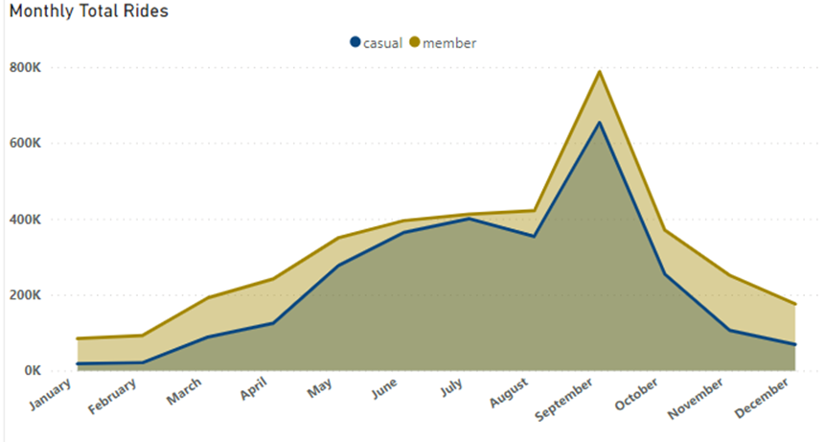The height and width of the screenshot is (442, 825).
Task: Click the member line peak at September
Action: [x=600, y=72]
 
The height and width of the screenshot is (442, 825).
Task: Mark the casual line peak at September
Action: [x=600, y=122]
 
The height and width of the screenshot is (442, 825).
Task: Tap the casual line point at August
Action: [x=534, y=236]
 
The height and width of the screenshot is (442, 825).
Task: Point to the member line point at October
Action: [x=665, y=230]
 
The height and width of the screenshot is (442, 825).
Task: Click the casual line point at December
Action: [x=795, y=344]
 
